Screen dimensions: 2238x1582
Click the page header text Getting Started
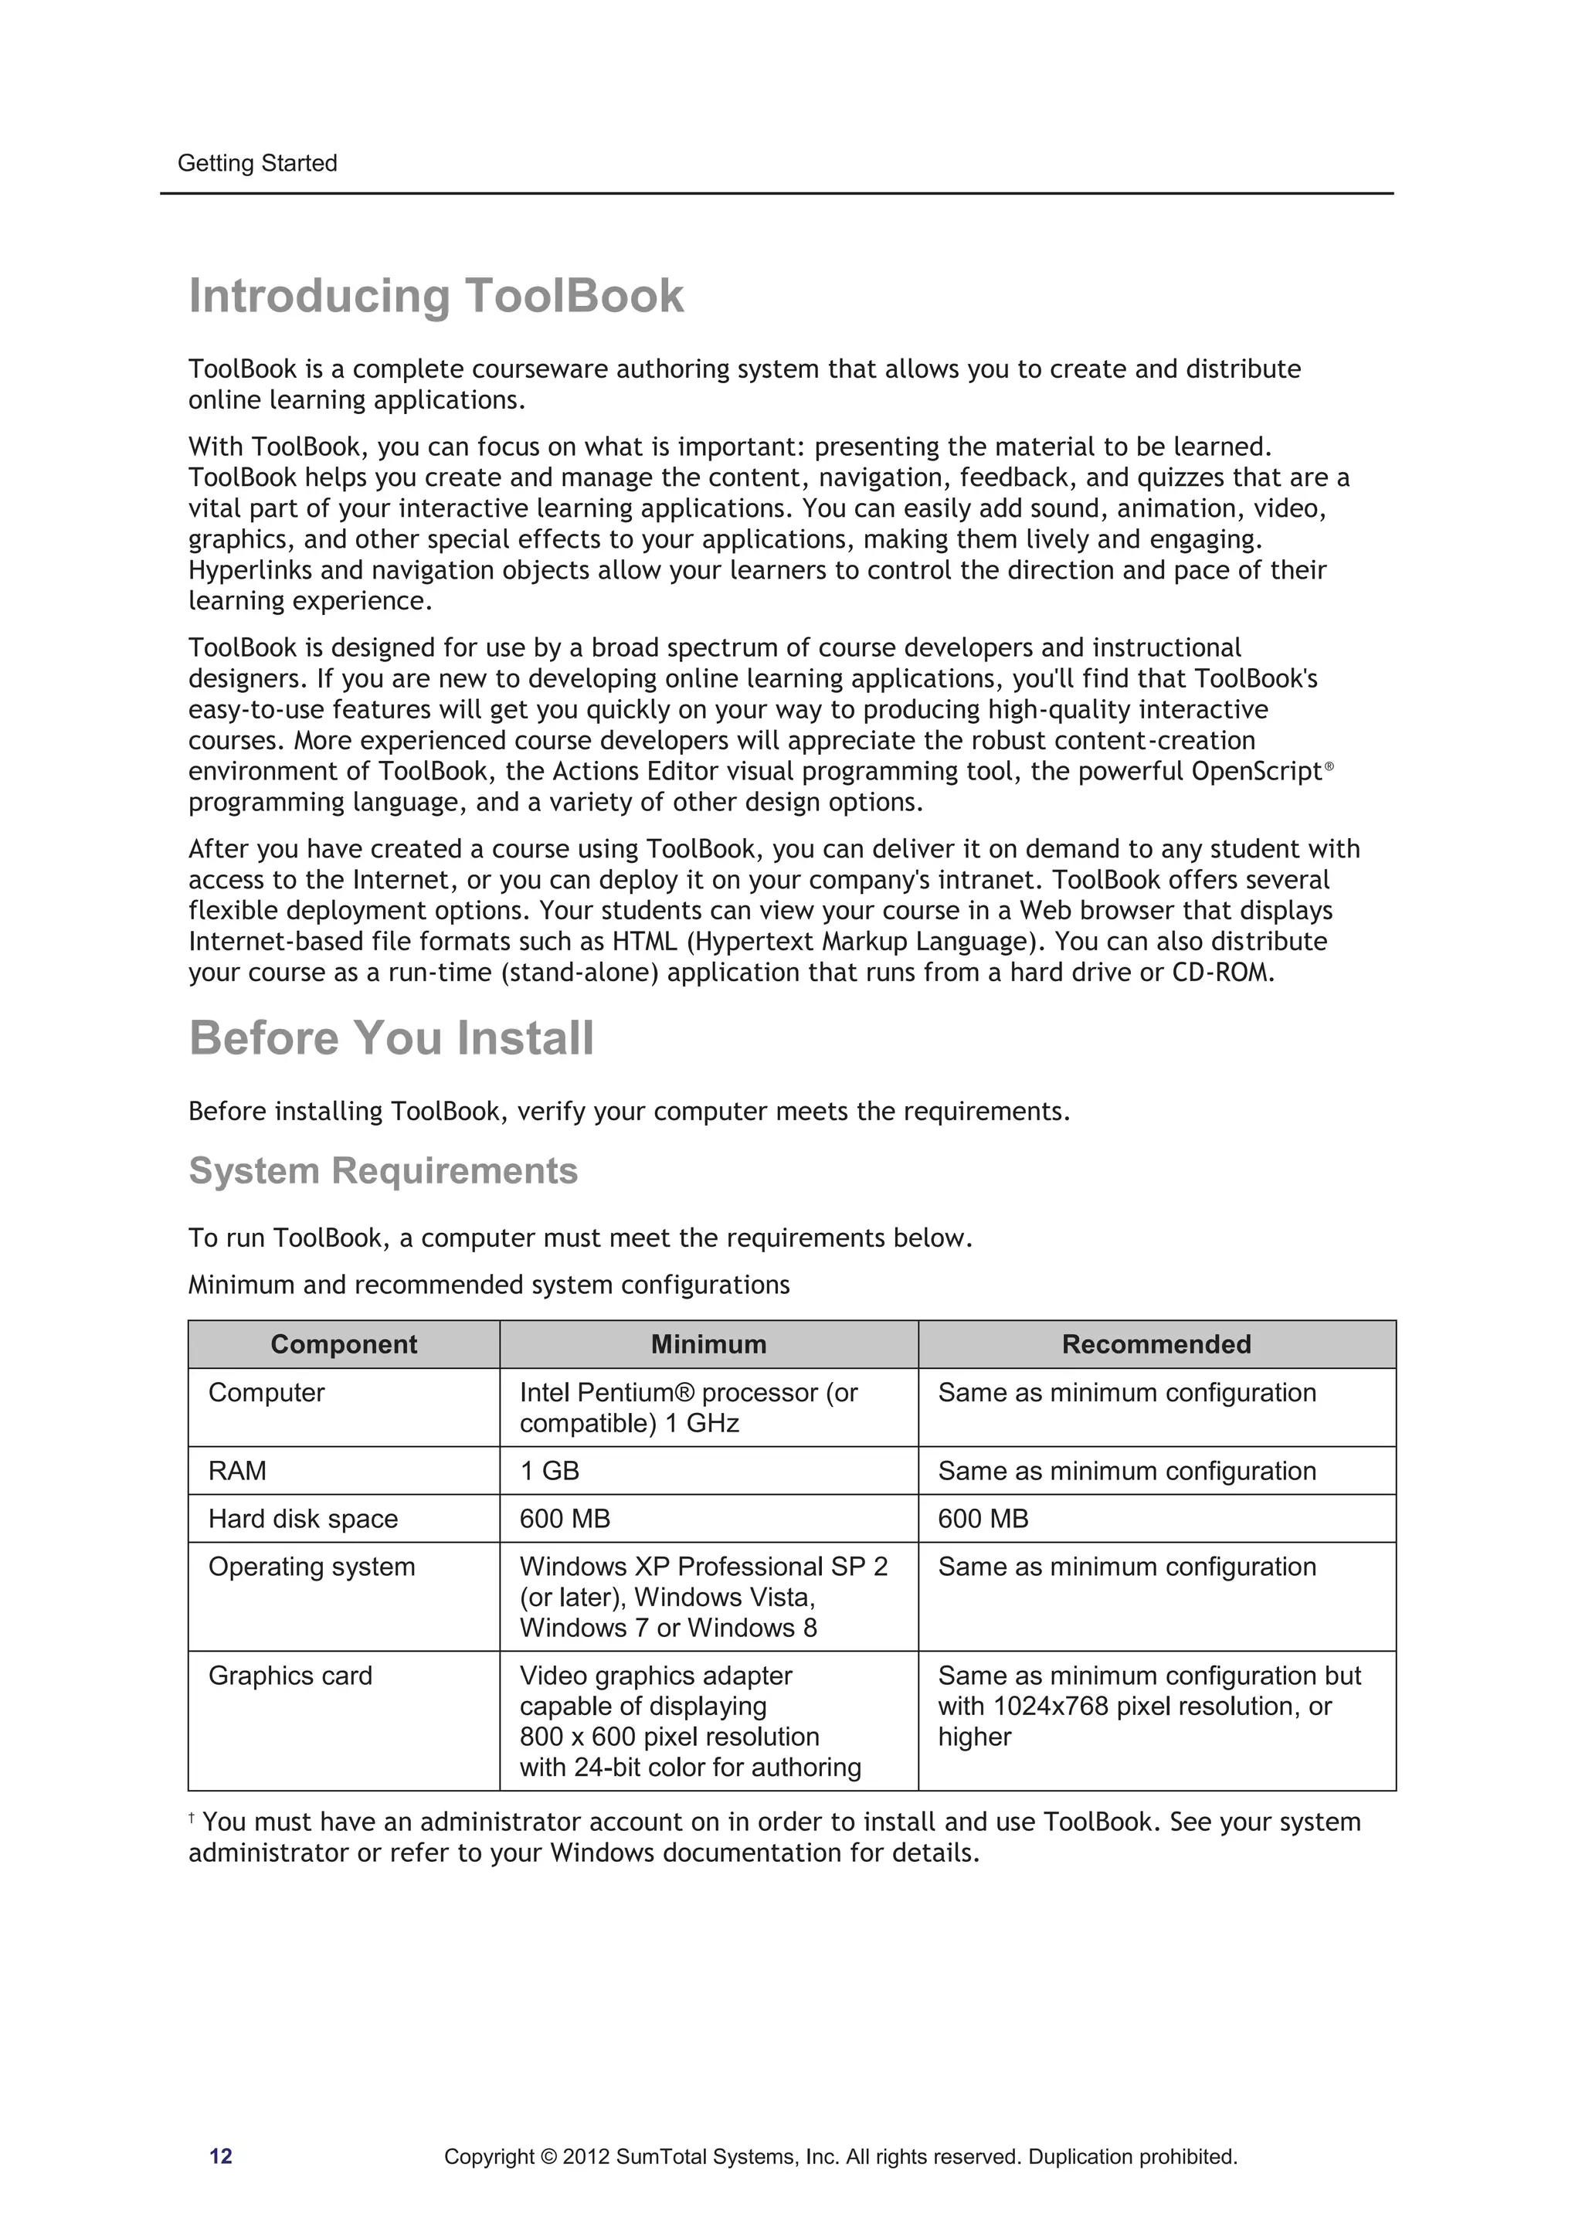pyautogui.click(x=257, y=164)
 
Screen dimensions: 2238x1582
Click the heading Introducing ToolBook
pyautogui.click(x=436, y=297)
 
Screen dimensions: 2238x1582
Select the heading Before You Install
pyautogui.click(x=391, y=1038)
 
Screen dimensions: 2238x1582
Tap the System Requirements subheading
pyautogui.click(x=383, y=1170)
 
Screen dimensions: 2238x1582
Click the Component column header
pyautogui.click(x=343, y=1344)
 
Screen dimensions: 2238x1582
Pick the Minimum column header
pyautogui.click(x=708, y=1344)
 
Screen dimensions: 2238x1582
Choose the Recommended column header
pyautogui.click(x=1156, y=1344)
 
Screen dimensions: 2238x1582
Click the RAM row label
pyautogui.click(x=237, y=1471)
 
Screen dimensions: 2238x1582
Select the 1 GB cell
pyautogui.click(x=550, y=1471)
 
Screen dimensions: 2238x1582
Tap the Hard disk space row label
pyautogui.click(x=303, y=1519)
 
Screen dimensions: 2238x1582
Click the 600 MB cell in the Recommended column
pyautogui.click(x=983, y=1519)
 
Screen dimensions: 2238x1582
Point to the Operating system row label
pyautogui.click(x=312, y=1567)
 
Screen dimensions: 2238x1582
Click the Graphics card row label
pyautogui.click(x=290, y=1676)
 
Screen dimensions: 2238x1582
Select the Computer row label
pyautogui.click(x=266, y=1393)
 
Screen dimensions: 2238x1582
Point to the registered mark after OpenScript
pyautogui.click(x=1329, y=767)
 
